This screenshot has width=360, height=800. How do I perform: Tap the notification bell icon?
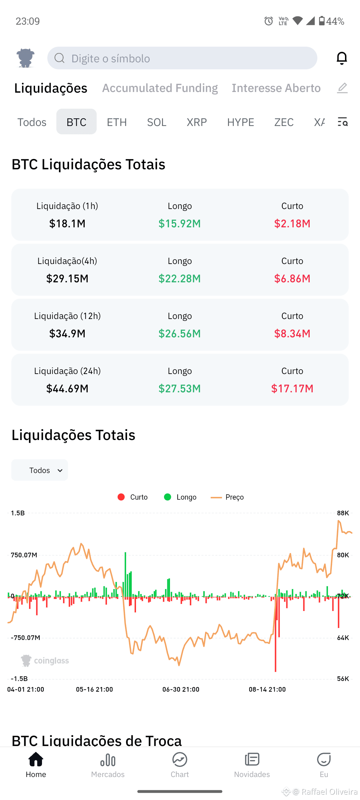[x=342, y=58]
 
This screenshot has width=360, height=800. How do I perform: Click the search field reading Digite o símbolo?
[x=182, y=58]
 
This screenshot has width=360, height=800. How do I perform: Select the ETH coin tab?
[x=117, y=122]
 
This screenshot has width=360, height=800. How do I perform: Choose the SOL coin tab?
[x=157, y=122]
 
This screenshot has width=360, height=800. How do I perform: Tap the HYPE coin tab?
[x=240, y=122]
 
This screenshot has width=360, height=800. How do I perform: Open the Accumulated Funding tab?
[x=160, y=88]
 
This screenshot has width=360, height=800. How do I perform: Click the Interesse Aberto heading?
[x=276, y=88]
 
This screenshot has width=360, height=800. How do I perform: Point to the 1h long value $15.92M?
[x=180, y=223]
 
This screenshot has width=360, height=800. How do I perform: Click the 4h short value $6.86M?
[x=292, y=278]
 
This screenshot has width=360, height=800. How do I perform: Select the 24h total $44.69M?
[x=67, y=388]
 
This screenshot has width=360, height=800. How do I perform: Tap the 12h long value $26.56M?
[x=180, y=333]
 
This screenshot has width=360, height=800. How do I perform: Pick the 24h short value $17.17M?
[x=292, y=388]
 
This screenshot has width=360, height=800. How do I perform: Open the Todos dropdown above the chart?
[x=40, y=470]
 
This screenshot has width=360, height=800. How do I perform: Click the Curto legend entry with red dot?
[x=133, y=497]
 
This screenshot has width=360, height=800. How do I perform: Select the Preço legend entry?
[x=227, y=497]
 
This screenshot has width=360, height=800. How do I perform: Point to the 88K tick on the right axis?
[x=343, y=513]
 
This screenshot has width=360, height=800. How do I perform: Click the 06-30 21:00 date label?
[x=181, y=689]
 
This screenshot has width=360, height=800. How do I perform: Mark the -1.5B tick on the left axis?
[x=19, y=679]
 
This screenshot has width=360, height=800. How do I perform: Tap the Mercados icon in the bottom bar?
[x=108, y=760]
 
